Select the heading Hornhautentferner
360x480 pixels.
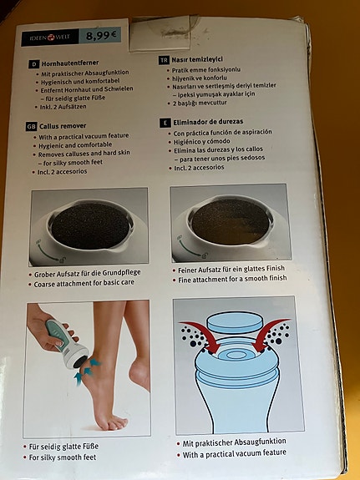tap(70, 63)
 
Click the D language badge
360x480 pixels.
tap(33, 64)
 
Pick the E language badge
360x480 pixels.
tap(165, 122)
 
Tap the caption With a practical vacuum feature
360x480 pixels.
tap(234, 452)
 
